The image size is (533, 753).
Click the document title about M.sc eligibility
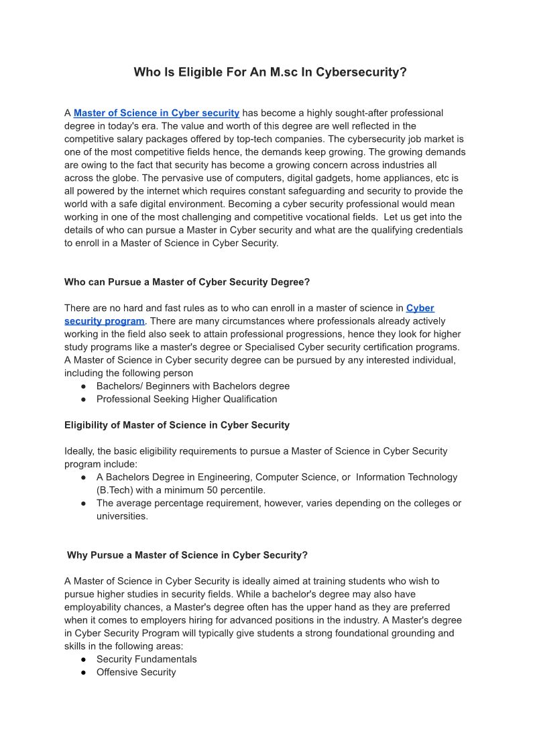[270, 72]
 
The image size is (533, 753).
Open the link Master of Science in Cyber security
[156, 113]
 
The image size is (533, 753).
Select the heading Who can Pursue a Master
[187, 282]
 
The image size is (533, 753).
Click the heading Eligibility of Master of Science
[177, 425]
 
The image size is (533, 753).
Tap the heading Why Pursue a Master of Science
[187, 555]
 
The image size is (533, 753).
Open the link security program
[104, 321]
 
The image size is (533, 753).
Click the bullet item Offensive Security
[136, 672]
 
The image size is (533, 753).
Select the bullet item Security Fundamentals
[146, 659]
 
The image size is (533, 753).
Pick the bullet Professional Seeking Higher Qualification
[186, 399]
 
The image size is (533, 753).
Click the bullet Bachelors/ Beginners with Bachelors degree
[193, 386]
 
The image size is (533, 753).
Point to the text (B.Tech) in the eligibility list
[115, 490]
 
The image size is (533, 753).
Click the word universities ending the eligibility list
[122, 516]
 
